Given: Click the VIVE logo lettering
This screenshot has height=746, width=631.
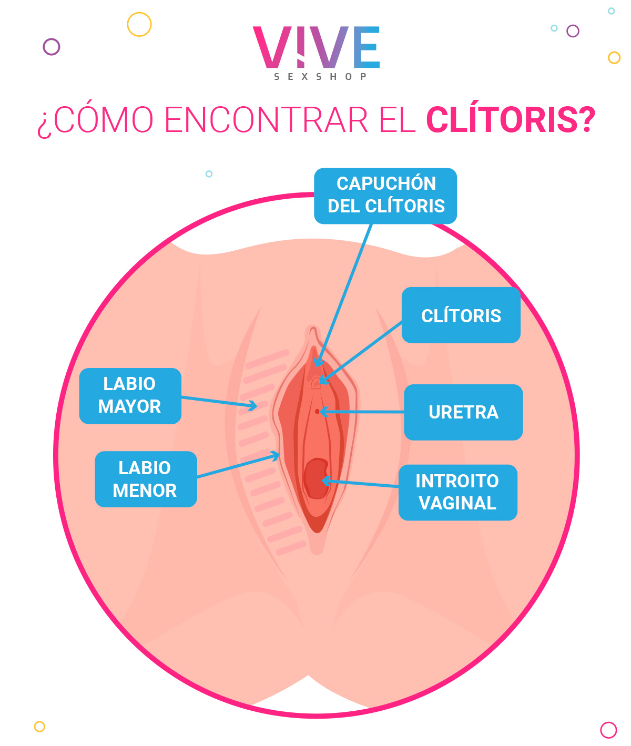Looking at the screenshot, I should (316, 47).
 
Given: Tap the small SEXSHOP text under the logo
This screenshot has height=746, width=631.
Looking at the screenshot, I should (320, 77).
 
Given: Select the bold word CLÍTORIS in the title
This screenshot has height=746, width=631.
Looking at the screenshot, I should (510, 120).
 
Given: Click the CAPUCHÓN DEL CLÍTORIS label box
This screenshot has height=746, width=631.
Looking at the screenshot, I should (385, 196).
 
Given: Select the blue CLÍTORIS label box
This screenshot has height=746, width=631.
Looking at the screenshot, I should (461, 315).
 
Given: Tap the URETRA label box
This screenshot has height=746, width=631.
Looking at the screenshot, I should (463, 412).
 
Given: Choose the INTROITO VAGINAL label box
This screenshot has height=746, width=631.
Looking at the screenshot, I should (457, 493).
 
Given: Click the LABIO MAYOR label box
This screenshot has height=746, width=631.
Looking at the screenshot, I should (130, 396).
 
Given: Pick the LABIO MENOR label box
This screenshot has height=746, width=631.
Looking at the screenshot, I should (146, 479).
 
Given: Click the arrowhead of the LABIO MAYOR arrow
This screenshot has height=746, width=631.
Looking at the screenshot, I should (254, 405).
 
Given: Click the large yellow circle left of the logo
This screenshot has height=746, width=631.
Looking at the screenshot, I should (139, 24).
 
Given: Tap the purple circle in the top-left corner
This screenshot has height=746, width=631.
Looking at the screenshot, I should (52, 47).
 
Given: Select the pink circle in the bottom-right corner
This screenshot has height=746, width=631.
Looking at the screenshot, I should (608, 730).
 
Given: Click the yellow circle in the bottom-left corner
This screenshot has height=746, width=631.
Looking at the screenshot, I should (39, 727).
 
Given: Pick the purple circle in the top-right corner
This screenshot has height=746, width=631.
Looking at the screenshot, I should (573, 31).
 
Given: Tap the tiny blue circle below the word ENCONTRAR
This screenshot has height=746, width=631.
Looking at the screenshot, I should (209, 174).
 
